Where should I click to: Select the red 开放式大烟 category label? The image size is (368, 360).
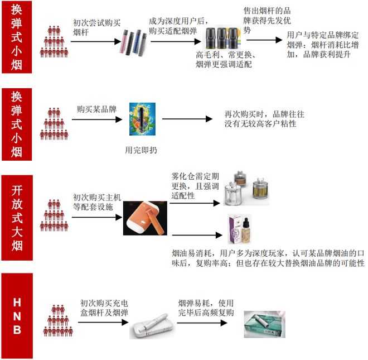17,218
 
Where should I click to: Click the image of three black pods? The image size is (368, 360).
223,39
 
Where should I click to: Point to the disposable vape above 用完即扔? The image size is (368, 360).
142,119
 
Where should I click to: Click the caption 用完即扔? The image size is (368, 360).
142,150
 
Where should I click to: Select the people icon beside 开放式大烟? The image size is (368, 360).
54,215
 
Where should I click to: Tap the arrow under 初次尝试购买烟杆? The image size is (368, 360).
95,41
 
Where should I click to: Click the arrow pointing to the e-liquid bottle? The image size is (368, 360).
195,234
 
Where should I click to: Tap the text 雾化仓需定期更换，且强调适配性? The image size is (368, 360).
196,187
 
